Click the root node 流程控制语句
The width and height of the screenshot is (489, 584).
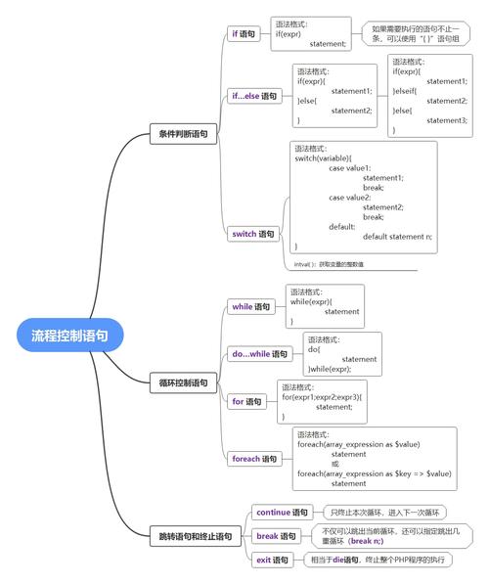[69, 335]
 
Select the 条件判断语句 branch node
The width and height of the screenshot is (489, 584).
[183, 134]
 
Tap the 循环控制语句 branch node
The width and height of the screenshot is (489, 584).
[183, 383]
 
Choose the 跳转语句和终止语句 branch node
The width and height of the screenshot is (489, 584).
[196, 536]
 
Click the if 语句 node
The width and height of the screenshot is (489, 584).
[244, 34]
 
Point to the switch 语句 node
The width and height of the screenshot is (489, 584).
[253, 234]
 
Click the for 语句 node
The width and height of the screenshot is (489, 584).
[246, 401]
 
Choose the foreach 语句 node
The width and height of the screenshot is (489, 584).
[254, 458]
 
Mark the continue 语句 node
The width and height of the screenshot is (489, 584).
[282, 512]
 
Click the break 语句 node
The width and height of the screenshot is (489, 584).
[276, 536]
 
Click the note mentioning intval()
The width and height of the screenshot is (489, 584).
[329, 264]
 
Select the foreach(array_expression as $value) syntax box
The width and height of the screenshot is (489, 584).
[376, 458]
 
